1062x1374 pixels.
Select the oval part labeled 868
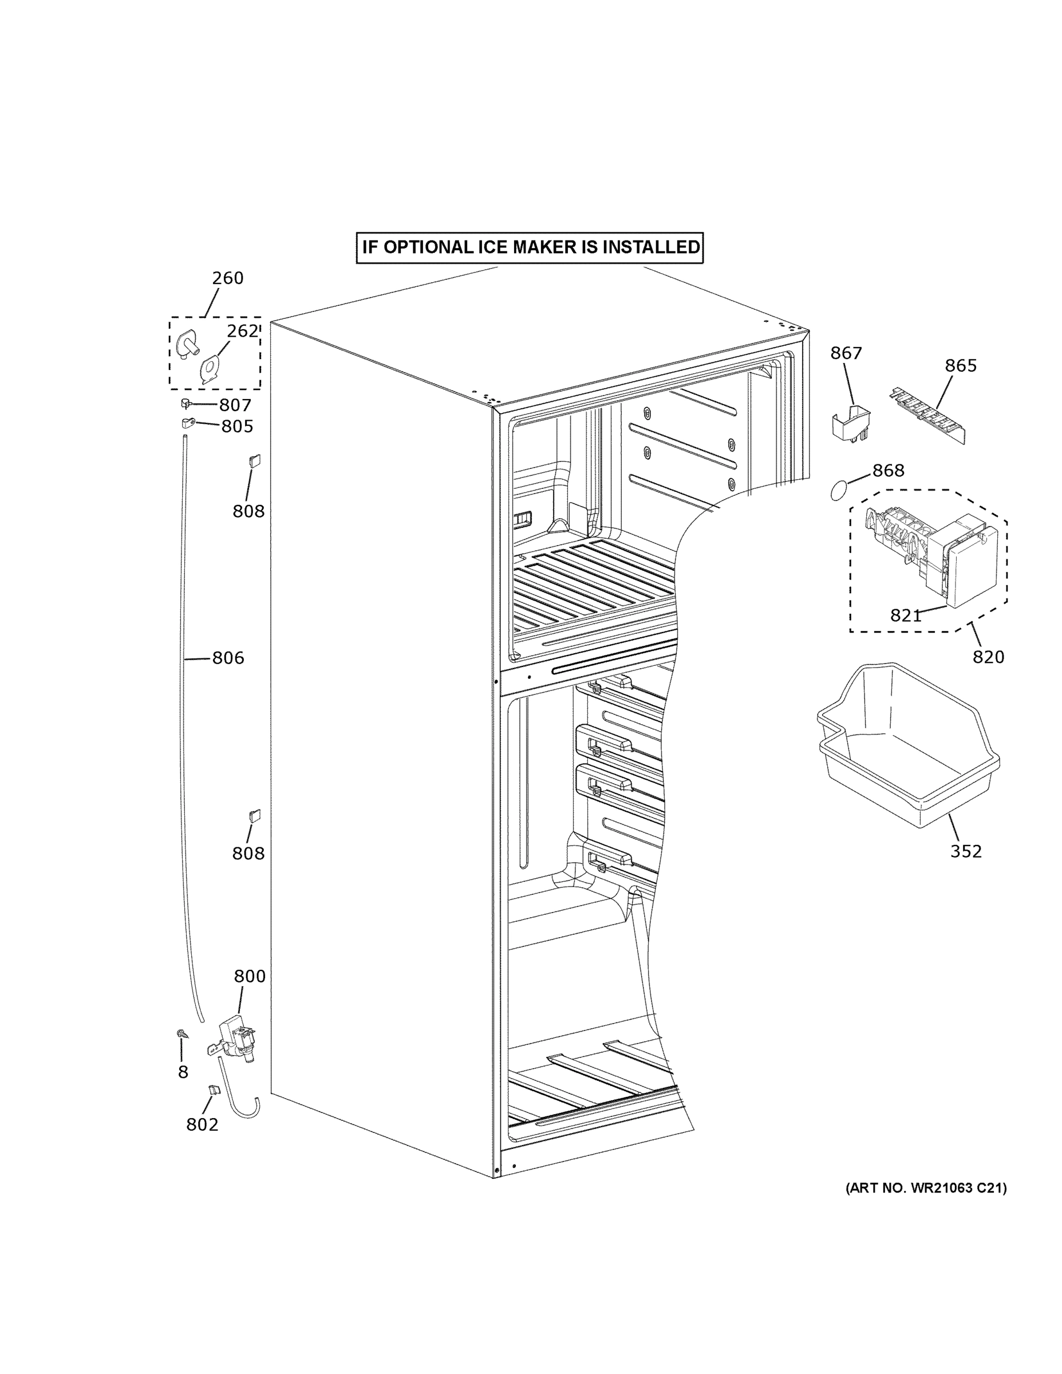tap(839, 489)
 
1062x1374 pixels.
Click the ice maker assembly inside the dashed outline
tap(931, 554)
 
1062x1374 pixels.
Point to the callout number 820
tap(988, 657)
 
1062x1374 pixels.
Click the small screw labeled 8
tap(182, 1033)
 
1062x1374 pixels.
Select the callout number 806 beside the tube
tap(227, 658)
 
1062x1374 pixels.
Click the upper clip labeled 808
tap(255, 460)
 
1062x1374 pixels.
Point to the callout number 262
tap(242, 331)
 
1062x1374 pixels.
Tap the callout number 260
tap(227, 278)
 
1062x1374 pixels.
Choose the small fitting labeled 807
tap(186, 402)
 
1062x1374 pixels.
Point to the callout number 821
tap(905, 615)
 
